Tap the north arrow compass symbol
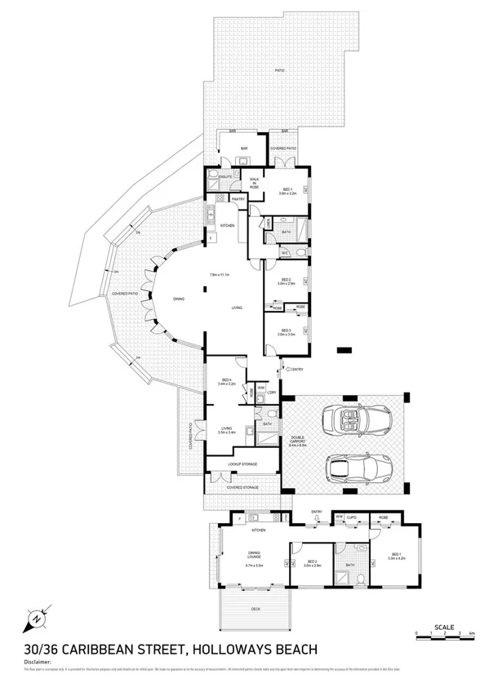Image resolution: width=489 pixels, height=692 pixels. click(x=37, y=619)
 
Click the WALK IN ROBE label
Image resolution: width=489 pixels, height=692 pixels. click(x=254, y=183)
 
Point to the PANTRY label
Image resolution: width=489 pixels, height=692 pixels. click(x=238, y=198)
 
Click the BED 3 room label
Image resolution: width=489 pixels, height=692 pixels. click(x=285, y=332)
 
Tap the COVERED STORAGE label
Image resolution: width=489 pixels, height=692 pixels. click(x=242, y=487)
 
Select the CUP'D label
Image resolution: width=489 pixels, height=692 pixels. click(x=351, y=517)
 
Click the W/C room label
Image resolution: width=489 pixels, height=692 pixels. click(x=285, y=253)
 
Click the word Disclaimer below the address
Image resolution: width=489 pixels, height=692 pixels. click(x=38, y=662)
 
